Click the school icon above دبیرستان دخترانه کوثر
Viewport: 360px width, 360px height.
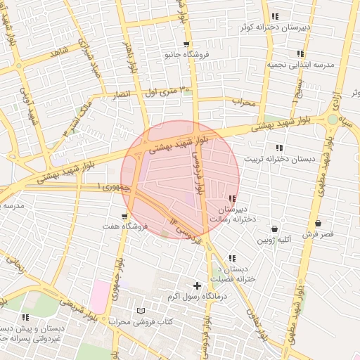tap(276, 16)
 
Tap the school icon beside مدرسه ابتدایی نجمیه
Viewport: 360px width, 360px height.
tap(300, 53)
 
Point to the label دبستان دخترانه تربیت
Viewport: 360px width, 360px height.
tap(279, 158)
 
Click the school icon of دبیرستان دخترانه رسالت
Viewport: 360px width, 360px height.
tap(232, 199)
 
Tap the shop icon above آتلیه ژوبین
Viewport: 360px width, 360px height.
tap(274, 229)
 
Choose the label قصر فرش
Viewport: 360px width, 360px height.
tap(319, 233)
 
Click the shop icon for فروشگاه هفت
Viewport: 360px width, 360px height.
tap(124, 217)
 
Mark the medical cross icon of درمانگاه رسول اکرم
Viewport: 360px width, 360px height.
tap(197, 285)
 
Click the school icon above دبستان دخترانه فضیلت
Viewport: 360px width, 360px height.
tap(232, 258)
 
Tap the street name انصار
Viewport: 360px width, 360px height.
tap(122, 94)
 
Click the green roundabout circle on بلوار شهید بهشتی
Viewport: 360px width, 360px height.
tap(333, 119)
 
